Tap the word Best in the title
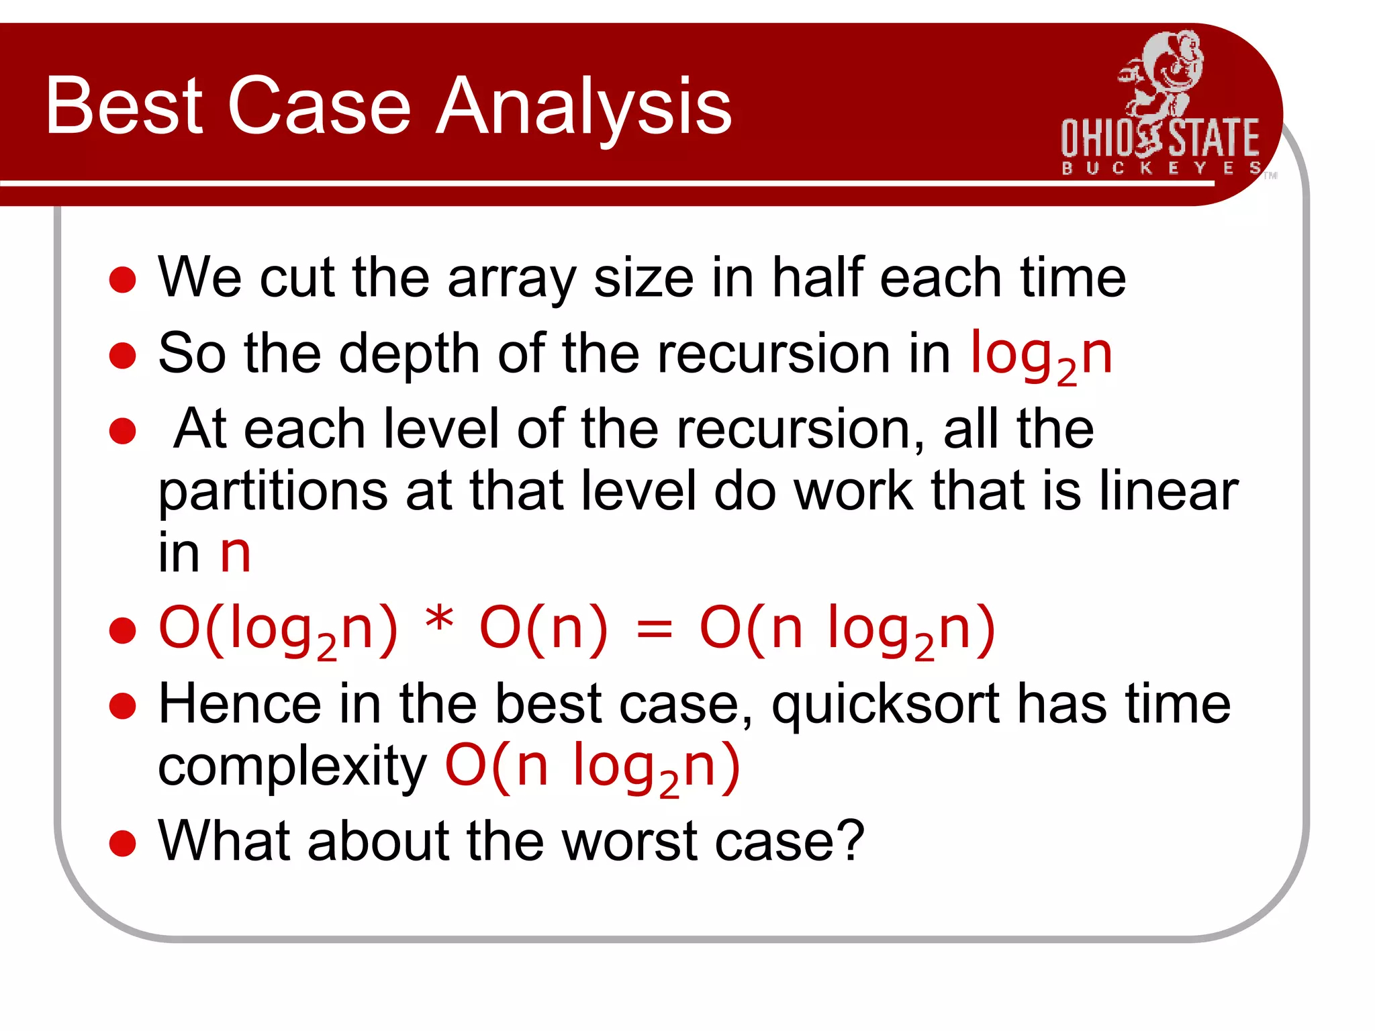pos(124,106)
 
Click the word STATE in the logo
pos(1214,138)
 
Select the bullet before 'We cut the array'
pos(122,279)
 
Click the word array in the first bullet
pos(512,279)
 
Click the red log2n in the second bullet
pos(1041,356)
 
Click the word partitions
pos(273,493)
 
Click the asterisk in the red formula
pos(439,620)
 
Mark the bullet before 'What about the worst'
pos(122,843)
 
